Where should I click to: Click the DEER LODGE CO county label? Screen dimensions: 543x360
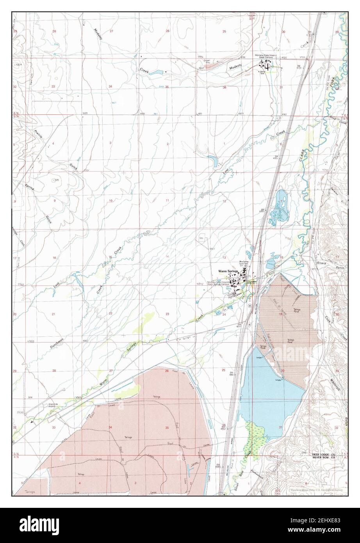pyautogui.click(x=323, y=455)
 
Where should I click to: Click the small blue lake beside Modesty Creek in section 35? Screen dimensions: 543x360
pyautogui.click(x=155, y=73)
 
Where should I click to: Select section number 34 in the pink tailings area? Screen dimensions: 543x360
pyautogui.click(x=110, y=428)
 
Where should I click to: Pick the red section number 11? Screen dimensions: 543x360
pyautogui.click(x=167, y=200)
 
